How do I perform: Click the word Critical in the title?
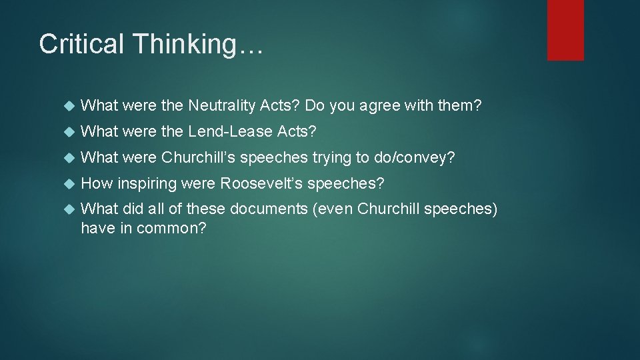(82, 44)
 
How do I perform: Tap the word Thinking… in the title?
(199, 45)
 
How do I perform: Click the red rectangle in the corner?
(565, 30)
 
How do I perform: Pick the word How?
(96, 183)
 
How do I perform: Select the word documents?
(268, 209)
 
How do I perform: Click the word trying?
(333, 158)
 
